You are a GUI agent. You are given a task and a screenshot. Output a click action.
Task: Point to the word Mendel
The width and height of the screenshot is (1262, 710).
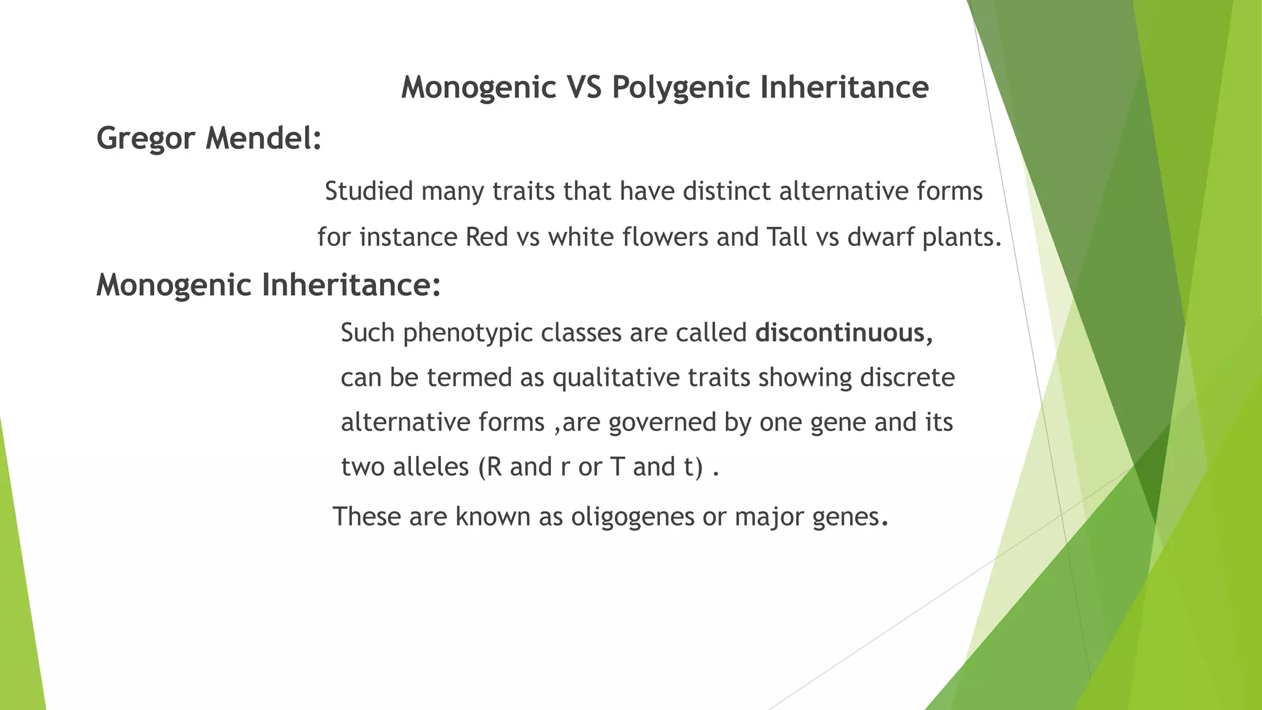[x=263, y=137]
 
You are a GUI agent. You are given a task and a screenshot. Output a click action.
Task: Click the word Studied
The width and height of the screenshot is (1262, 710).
[x=368, y=191]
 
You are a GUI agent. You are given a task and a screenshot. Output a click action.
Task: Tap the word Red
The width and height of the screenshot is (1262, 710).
[x=487, y=237]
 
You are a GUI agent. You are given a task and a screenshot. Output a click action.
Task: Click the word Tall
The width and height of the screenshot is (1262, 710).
[x=787, y=237]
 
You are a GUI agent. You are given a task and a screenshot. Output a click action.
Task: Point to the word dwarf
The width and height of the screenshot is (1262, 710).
[x=881, y=237]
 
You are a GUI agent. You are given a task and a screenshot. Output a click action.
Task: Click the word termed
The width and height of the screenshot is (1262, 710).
[x=470, y=378]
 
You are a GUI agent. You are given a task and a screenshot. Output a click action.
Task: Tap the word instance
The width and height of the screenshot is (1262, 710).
[x=409, y=237]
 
